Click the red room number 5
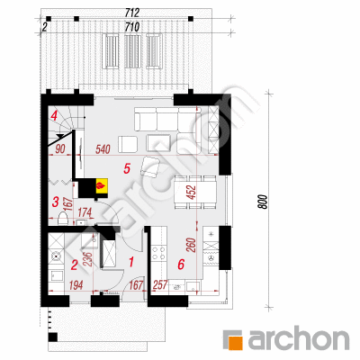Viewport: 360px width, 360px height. (x=127, y=169)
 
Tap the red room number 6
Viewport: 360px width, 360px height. (x=181, y=265)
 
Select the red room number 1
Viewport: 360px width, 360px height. (x=130, y=262)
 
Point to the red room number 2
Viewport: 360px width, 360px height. (x=74, y=265)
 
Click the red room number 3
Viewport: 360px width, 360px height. (x=55, y=202)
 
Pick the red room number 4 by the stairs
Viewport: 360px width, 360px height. (x=54, y=115)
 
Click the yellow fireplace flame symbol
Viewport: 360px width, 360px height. (x=102, y=185)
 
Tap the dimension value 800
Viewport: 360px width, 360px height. (x=262, y=202)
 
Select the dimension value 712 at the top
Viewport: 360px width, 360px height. (x=131, y=13)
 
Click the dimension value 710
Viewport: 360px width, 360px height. (x=131, y=27)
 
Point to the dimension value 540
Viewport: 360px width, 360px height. (x=103, y=149)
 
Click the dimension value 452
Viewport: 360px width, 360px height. (x=191, y=193)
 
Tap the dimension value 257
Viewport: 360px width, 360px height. (x=160, y=285)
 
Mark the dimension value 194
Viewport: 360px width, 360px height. (x=76, y=285)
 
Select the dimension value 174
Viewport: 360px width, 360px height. (x=85, y=212)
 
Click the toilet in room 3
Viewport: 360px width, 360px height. (x=63, y=218)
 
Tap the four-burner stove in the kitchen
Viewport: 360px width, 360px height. (x=158, y=253)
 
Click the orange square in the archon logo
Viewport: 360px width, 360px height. (x=237, y=343)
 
